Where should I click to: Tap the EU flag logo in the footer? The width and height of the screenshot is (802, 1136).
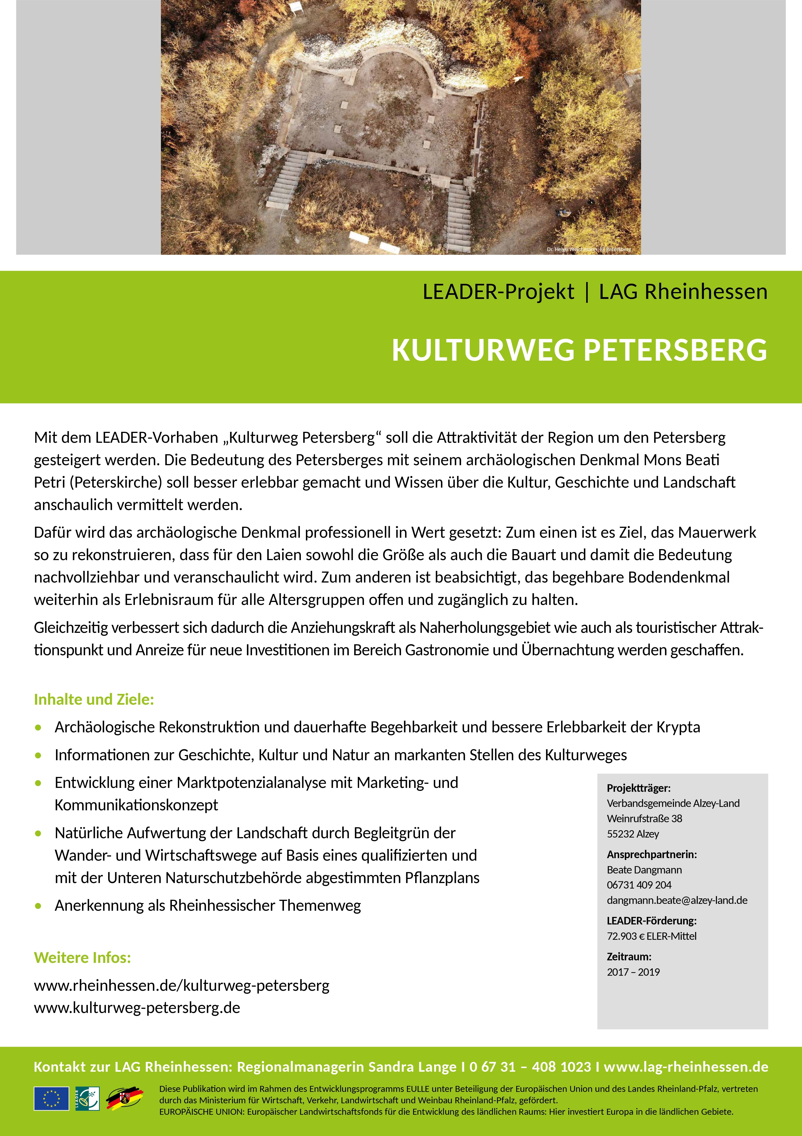click(51, 1098)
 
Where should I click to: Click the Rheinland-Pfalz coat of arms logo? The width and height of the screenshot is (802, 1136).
click(125, 1098)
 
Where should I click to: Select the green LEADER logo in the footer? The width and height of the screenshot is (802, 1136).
click(88, 1098)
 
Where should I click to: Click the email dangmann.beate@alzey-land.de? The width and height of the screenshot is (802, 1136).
click(677, 900)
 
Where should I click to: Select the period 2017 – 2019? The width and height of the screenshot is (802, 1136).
click(633, 972)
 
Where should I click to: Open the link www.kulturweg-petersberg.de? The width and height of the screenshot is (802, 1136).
click(137, 1008)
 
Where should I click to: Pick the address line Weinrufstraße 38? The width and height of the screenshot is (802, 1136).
click(644, 818)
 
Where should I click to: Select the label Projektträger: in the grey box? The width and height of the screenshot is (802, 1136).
click(638, 788)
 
